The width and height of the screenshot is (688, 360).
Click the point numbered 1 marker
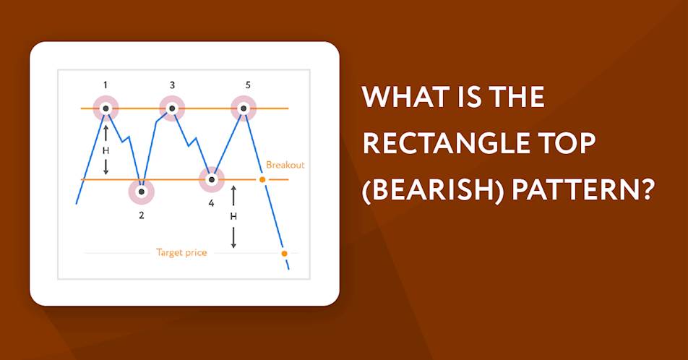pyautogui.click(x=106, y=108)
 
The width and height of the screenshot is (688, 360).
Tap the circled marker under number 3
pyautogui.click(x=172, y=108)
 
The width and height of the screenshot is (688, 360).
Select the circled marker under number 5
pyautogui.click(x=244, y=108)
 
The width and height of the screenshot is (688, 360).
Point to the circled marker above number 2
pyautogui.click(x=142, y=192)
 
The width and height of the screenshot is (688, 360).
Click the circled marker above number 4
pyautogui.click(x=212, y=179)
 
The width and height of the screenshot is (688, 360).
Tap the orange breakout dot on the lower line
pyautogui.click(x=262, y=179)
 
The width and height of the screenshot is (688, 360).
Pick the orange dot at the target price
pyautogui.click(x=284, y=253)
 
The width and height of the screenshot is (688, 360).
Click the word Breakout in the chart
pyautogui.click(x=285, y=165)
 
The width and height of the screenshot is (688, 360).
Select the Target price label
pyautogui.click(x=181, y=253)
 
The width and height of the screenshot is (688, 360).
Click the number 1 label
pyautogui.click(x=106, y=85)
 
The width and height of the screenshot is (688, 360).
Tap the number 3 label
pyautogui.click(x=172, y=85)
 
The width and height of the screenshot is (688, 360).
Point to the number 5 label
pyautogui.click(x=248, y=85)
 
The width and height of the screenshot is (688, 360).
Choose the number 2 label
pyautogui.click(x=142, y=215)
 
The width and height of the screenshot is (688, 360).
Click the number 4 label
pyautogui.click(x=212, y=203)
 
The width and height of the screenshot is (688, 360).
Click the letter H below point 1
pyautogui.click(x=106, y=150)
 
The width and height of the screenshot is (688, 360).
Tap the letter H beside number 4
pyautogui.click(x=233, y=216)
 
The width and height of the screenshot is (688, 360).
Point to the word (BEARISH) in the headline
pyautogui.click(x=432, y=192)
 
